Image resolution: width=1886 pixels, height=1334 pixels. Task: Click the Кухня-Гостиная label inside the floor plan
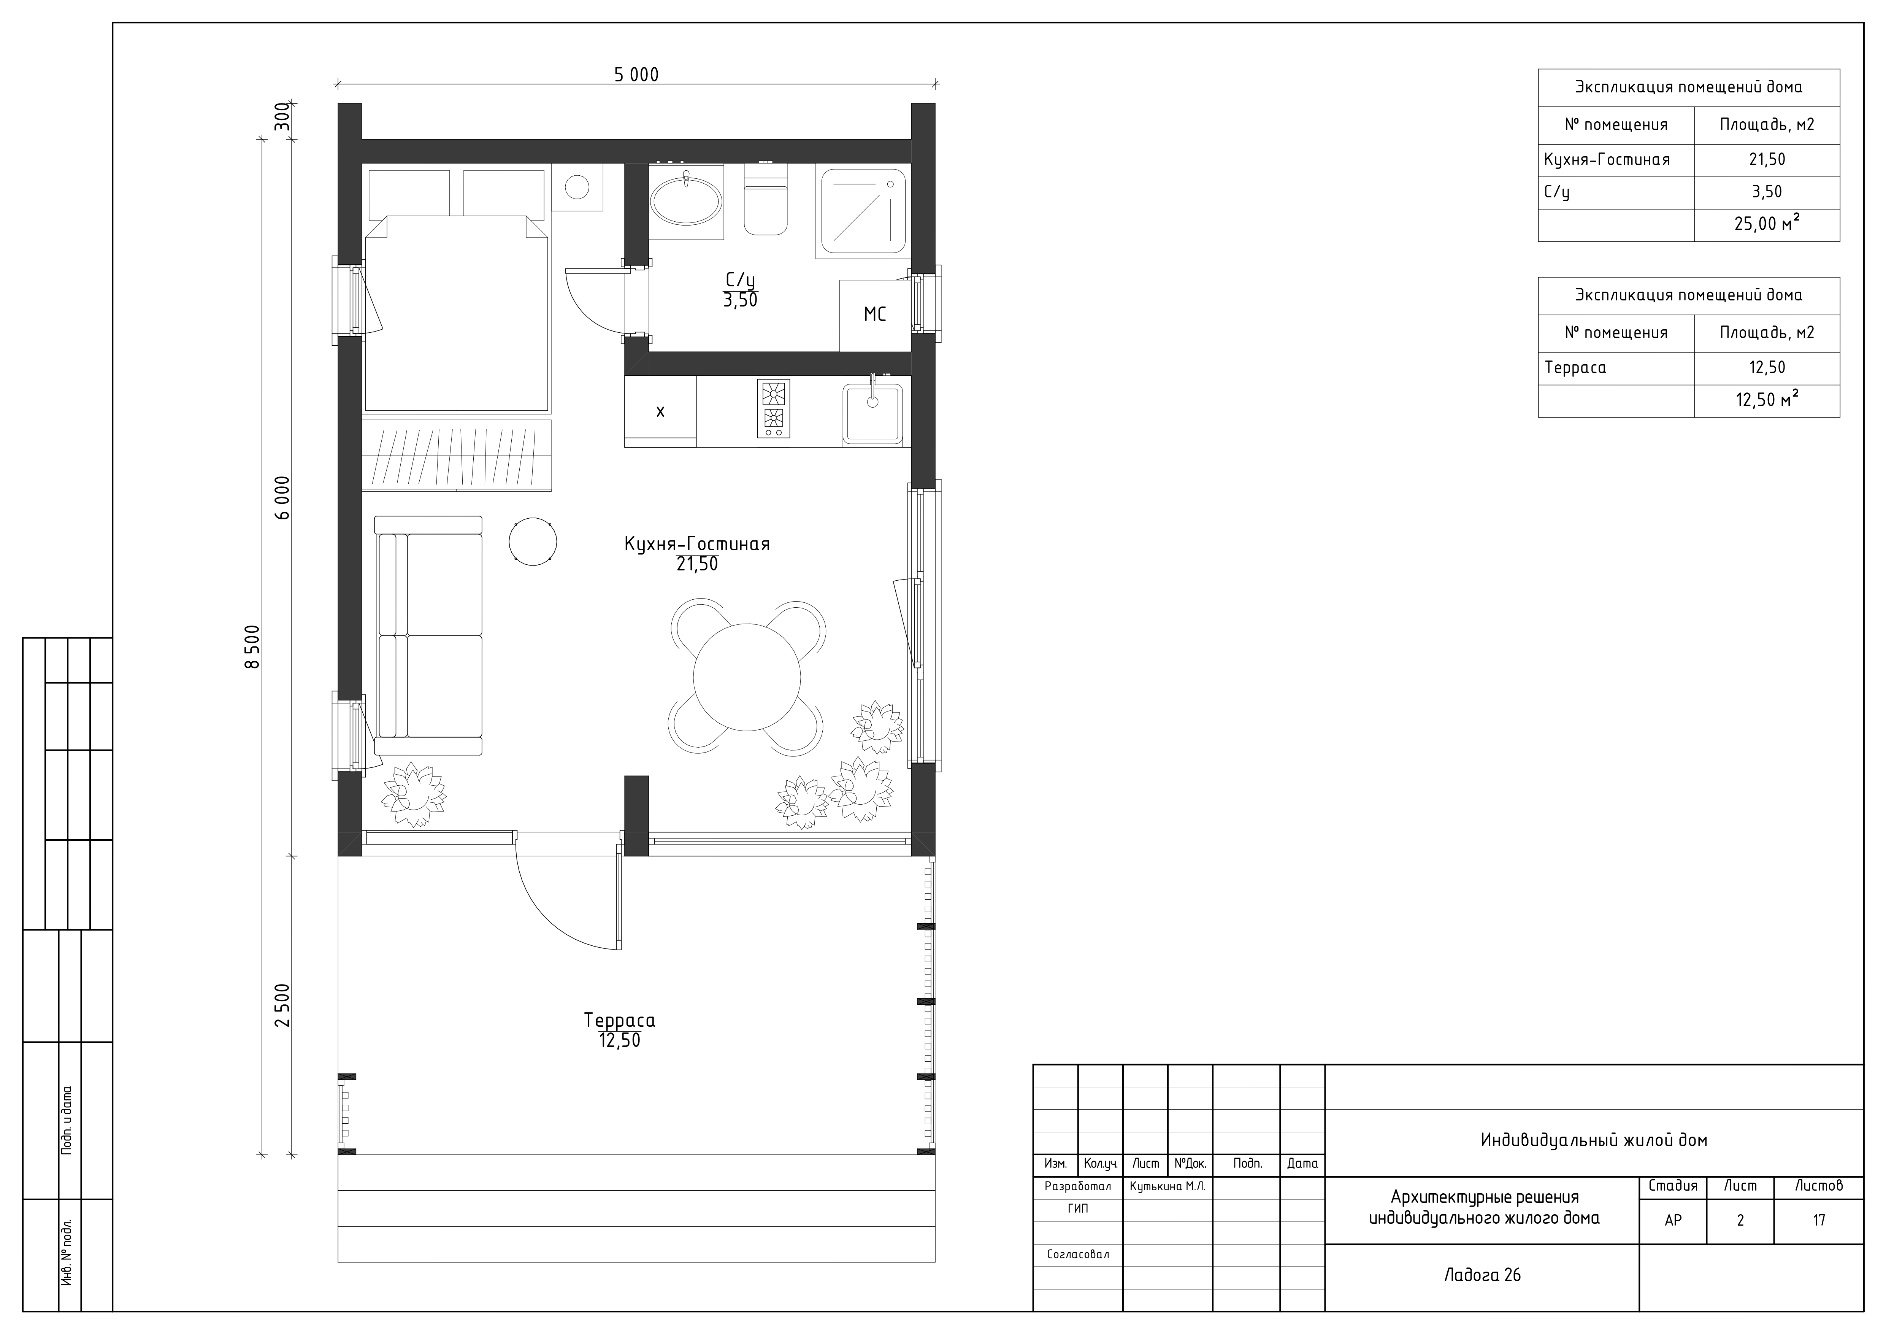[x=696, y=544]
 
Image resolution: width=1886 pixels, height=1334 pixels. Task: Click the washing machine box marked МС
[x=875, y=314]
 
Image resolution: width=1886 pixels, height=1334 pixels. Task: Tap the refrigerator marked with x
[x=660, y=411]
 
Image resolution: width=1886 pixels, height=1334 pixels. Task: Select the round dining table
[x=747, y=677]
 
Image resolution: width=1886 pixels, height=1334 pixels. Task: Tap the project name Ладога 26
[x=1483, y=1275]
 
